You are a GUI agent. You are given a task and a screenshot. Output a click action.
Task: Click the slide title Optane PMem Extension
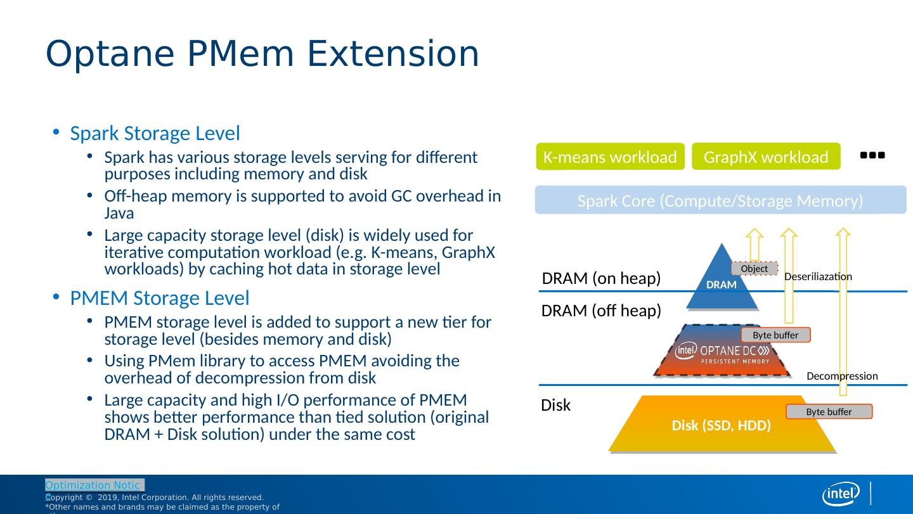(262, 55)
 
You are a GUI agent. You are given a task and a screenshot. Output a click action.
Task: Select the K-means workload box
(610, 157)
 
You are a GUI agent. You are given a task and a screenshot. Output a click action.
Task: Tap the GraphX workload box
(766, 157)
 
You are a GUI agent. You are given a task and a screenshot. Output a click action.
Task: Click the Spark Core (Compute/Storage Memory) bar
(720, 201)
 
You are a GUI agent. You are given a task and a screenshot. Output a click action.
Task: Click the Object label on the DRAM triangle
(754, 269)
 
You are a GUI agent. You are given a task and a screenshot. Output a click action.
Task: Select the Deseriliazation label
(818, 276)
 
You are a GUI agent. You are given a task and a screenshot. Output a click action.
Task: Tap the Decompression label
(842, 376)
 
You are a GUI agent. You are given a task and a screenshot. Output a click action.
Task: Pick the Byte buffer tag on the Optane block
(775, 335)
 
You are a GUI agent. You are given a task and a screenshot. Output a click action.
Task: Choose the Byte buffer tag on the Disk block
(829, 412)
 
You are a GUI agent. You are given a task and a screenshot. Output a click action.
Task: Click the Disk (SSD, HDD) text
(721, 426)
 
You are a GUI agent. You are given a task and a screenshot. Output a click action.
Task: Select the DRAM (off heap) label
(601, 311)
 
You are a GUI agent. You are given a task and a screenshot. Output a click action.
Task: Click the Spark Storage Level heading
(155, 134)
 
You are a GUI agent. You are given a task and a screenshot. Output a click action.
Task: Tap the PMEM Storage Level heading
(159, 298)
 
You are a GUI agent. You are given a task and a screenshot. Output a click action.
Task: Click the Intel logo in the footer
(841, 494)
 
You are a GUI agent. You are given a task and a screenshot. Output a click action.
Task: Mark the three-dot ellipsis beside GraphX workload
(872, 155)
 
